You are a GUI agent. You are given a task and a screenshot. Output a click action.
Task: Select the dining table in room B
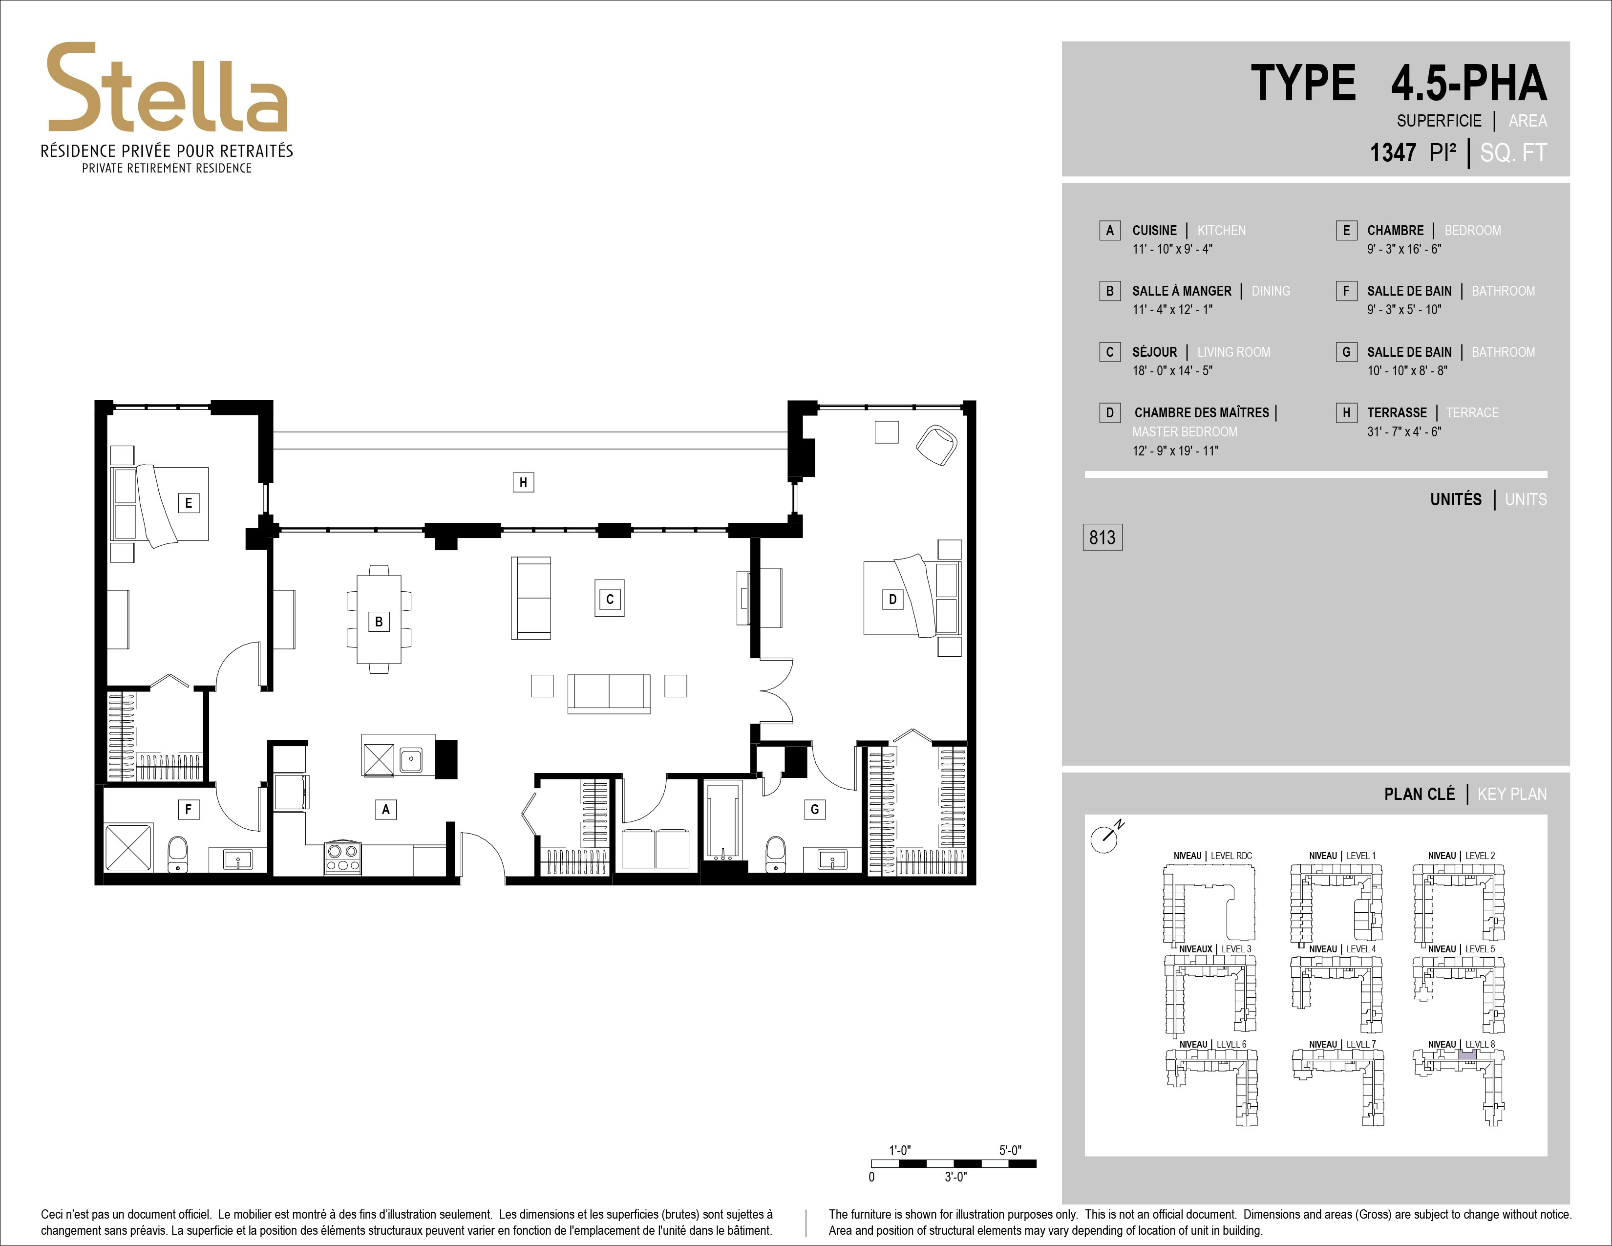[379, 619]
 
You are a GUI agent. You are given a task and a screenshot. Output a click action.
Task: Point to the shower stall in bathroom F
[129, 847]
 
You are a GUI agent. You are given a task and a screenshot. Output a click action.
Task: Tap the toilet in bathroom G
[776, 854]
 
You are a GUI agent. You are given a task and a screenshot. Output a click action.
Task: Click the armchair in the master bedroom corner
[936, 444]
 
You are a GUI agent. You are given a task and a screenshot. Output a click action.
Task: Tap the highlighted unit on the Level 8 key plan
[1468, 1055]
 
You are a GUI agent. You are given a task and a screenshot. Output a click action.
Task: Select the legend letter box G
[1346, 352]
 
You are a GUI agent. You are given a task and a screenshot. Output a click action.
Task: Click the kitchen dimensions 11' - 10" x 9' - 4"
[1172, 249]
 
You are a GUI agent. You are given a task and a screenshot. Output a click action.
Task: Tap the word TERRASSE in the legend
[1397, 412]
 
